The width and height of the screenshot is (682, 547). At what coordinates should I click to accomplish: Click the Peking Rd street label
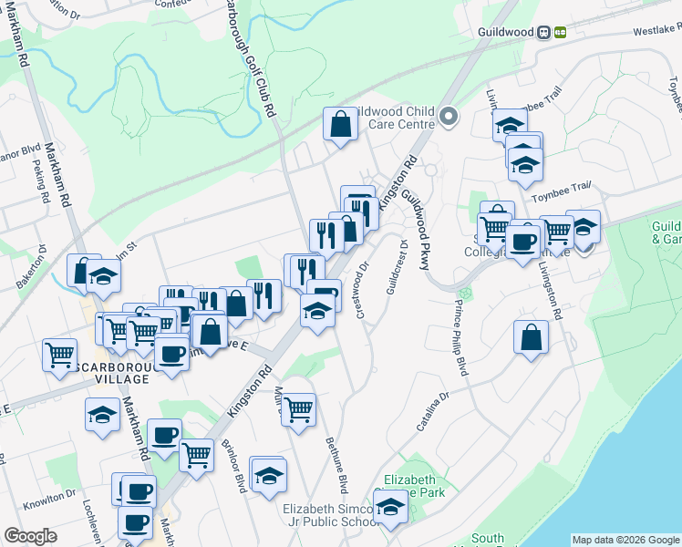(x=42, y=183)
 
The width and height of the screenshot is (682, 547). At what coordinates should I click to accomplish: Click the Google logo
(x=31, y=536)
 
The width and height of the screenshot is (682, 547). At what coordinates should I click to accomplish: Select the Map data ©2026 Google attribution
(x=625, y=540)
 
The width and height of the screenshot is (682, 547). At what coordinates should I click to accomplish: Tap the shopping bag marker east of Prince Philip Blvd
(x=531, y=336)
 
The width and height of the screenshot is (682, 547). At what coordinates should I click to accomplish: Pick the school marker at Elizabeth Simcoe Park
(x=391, y=509)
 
